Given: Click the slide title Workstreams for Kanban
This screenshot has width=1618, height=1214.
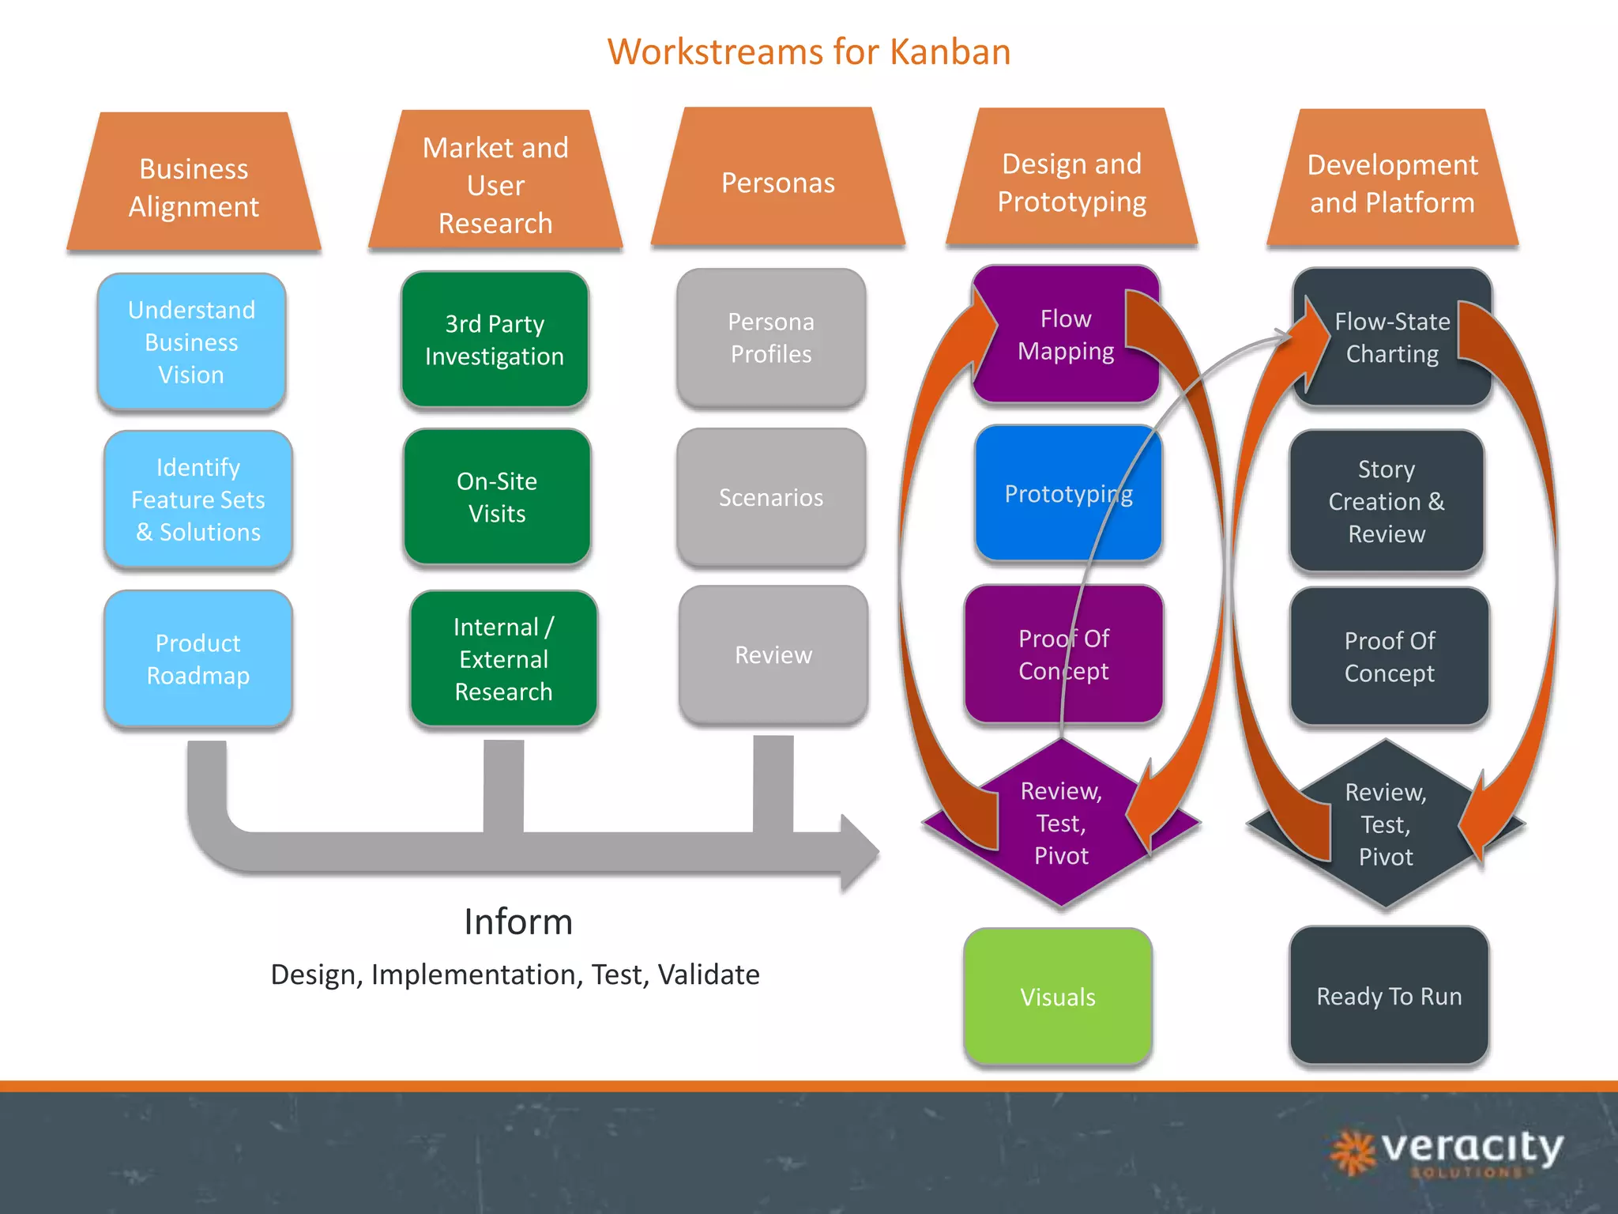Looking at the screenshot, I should click(x=808, y=52).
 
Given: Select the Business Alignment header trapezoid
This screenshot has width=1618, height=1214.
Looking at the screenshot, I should click(x=194, y=187).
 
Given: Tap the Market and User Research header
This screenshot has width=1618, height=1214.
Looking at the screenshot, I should click(x=495, y=185).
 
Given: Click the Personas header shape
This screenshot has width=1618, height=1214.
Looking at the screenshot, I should click(x=777, y=183).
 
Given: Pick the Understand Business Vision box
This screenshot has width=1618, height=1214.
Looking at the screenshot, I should click(x=191, y=341).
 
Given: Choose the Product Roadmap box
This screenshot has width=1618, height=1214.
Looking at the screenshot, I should click(x=198, y=658).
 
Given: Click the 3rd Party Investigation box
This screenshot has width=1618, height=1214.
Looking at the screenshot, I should click(x=495, y=340).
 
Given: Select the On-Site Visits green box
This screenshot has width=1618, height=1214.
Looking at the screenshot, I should click(x=496, y=497).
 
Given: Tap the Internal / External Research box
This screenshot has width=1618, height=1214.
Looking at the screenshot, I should click(x=503, y=658).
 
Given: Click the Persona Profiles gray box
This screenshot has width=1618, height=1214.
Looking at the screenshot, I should click(x=771, y=338).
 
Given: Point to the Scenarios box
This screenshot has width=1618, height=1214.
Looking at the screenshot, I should click(x=771, y=497).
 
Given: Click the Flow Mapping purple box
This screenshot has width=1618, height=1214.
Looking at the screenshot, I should click(x=1065, y=335).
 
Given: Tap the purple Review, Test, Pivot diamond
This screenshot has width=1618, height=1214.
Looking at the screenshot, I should click(x=1061, y=824).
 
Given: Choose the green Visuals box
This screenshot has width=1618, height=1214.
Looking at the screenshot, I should click(x=1058, y=997).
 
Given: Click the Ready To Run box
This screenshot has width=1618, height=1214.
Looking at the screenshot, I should click(x=1389, y=996).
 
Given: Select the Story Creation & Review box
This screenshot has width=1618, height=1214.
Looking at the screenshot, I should click(x=1387, y=501).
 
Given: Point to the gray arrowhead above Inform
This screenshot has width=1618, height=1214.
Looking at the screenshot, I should click(x=860, y=853).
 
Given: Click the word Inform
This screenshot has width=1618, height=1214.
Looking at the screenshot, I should click(x=518, y=922).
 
